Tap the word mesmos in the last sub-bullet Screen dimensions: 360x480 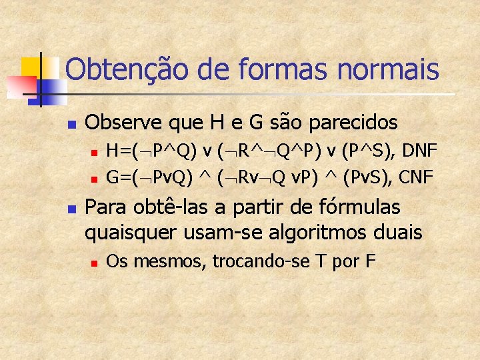pos(168,261)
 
